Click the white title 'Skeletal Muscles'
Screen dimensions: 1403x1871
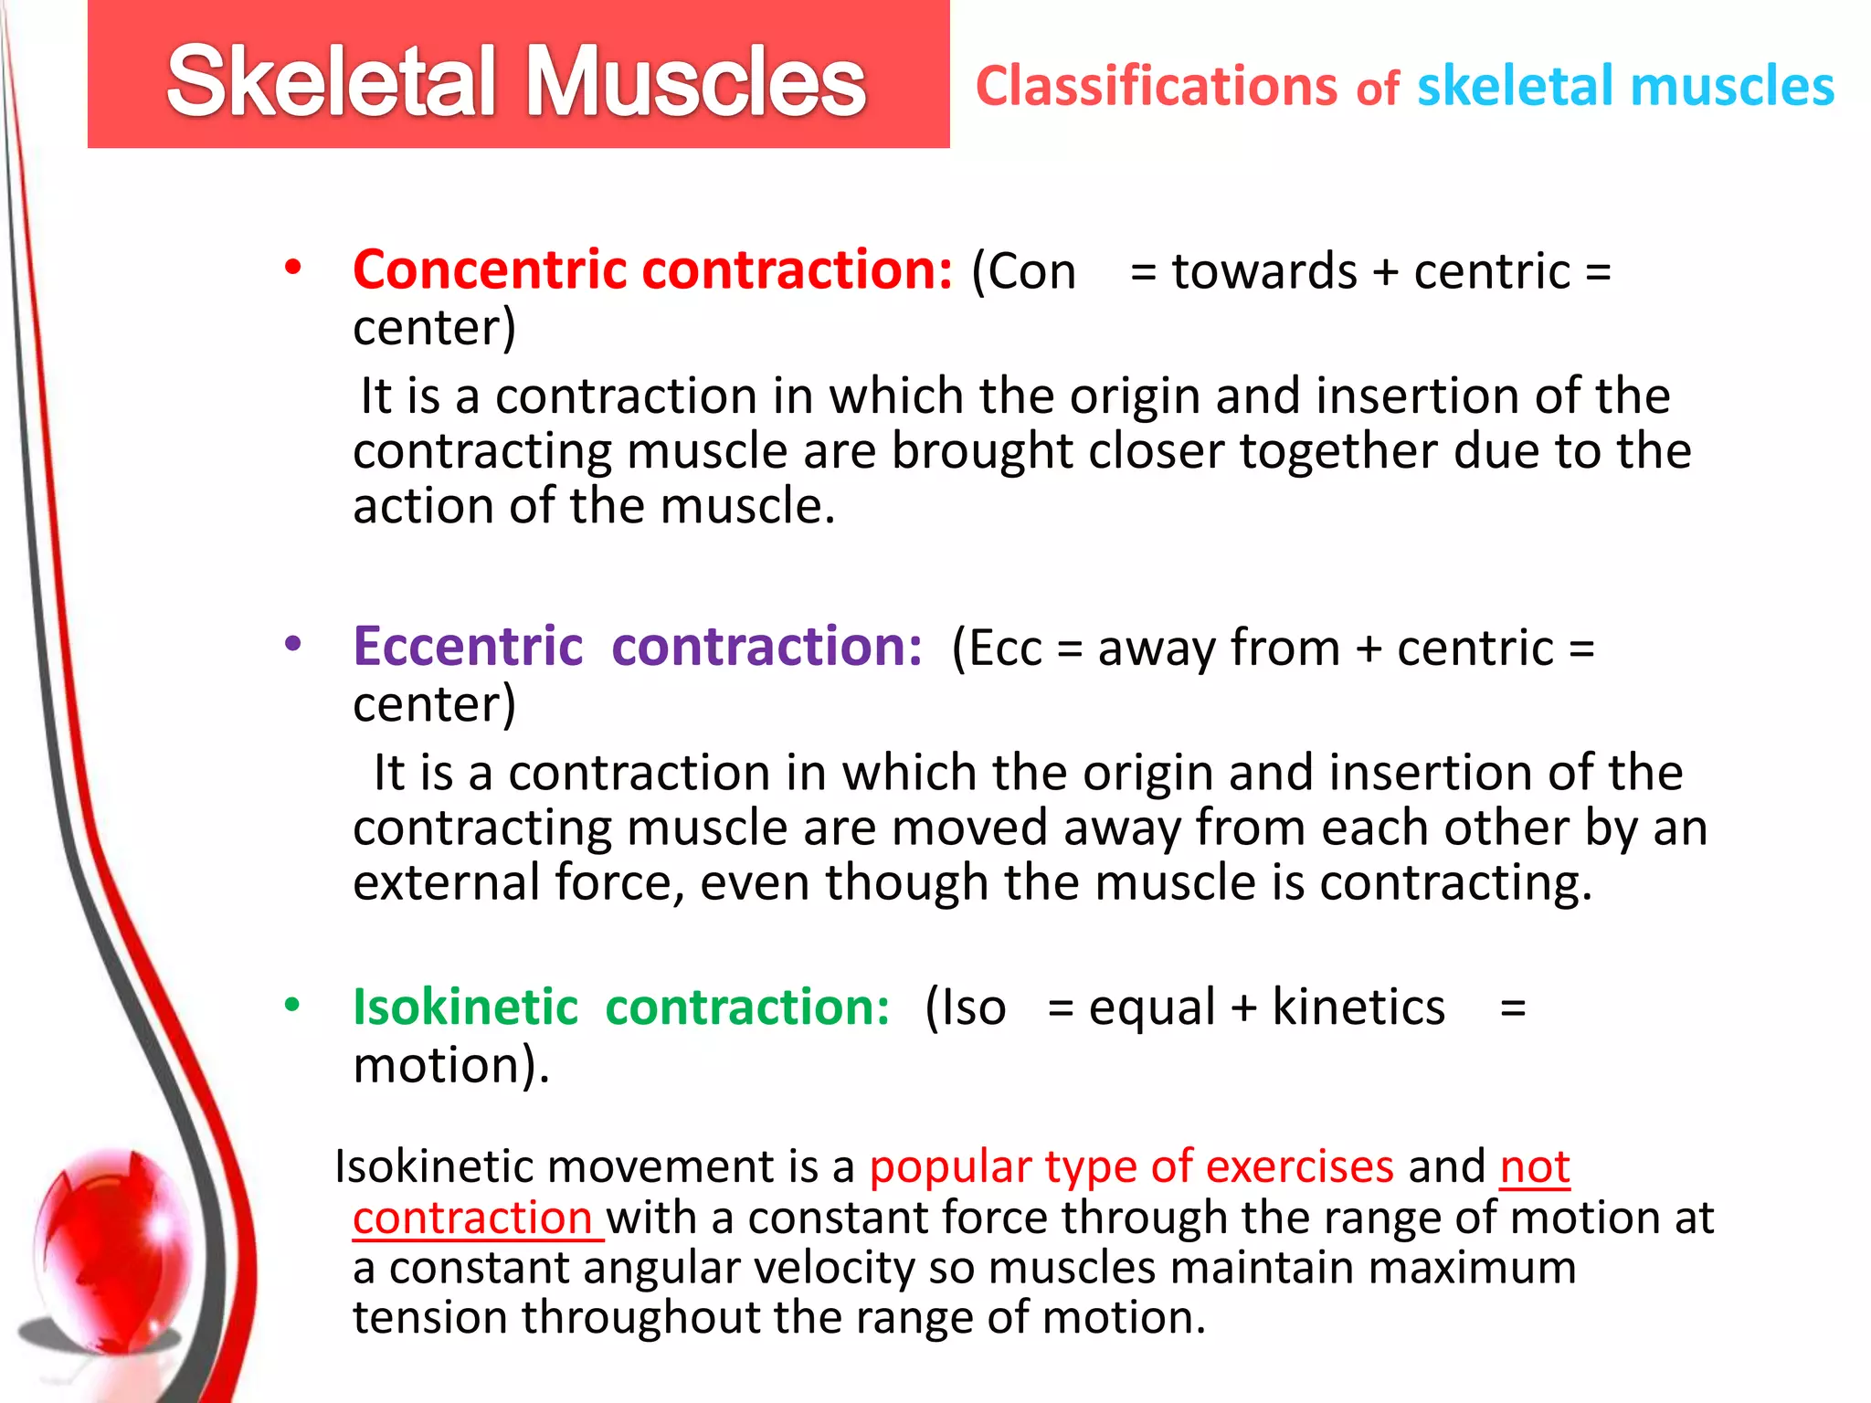point(516,82)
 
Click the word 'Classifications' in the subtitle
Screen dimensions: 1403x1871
point(1156,87)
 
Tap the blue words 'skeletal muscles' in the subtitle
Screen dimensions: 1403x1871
point(1624,87)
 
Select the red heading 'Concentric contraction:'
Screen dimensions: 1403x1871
point(652,270)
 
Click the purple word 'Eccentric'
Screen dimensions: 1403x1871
point(468,647)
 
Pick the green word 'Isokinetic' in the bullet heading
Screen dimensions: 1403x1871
point(466,1007)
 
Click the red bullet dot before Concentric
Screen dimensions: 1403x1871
point(292,268)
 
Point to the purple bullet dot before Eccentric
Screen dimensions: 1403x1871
point(292,644)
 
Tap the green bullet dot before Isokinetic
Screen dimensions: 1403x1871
point(292,1005)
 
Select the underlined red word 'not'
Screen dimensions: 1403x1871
point(1535,1166)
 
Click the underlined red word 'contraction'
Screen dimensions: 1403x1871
point(473,1218)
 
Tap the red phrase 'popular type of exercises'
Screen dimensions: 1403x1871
point(1131,1166)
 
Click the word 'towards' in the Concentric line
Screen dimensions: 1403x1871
point(1264,272)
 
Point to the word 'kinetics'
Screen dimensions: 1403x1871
point(1358,1007)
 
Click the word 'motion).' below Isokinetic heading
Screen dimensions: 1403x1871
point(451,1066)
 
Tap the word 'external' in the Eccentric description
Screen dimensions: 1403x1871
point(447,883)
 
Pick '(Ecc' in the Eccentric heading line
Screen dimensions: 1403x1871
point(996,649)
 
